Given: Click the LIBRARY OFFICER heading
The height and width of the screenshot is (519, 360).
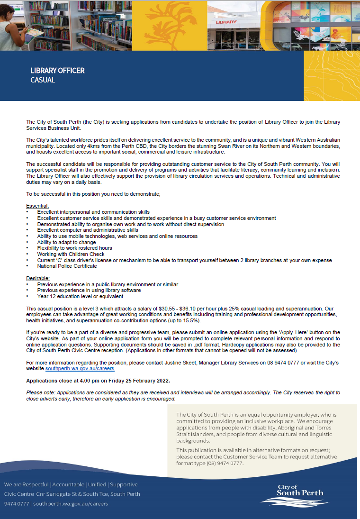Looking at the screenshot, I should (x=57, y=71).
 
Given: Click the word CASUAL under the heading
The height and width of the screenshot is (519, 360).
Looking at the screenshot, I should (x=43, y=80).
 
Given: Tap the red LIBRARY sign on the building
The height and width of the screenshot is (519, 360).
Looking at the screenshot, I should (x=226, y=22).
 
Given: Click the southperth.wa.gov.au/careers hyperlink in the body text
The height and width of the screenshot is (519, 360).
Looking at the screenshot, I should (x=80, y=368).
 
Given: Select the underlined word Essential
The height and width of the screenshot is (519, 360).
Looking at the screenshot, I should (x=38, y=206).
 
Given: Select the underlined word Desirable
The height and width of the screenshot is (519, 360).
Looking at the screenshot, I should (x=38, y=278).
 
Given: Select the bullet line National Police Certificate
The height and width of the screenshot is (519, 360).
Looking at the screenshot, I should (x=67, y=266).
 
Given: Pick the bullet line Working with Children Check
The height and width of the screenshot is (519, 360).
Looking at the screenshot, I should (x=71, y=254).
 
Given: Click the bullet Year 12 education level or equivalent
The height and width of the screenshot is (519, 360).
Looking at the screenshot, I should (x=80, y=296).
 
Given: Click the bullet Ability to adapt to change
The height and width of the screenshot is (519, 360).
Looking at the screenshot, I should (x=66, y=242).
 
